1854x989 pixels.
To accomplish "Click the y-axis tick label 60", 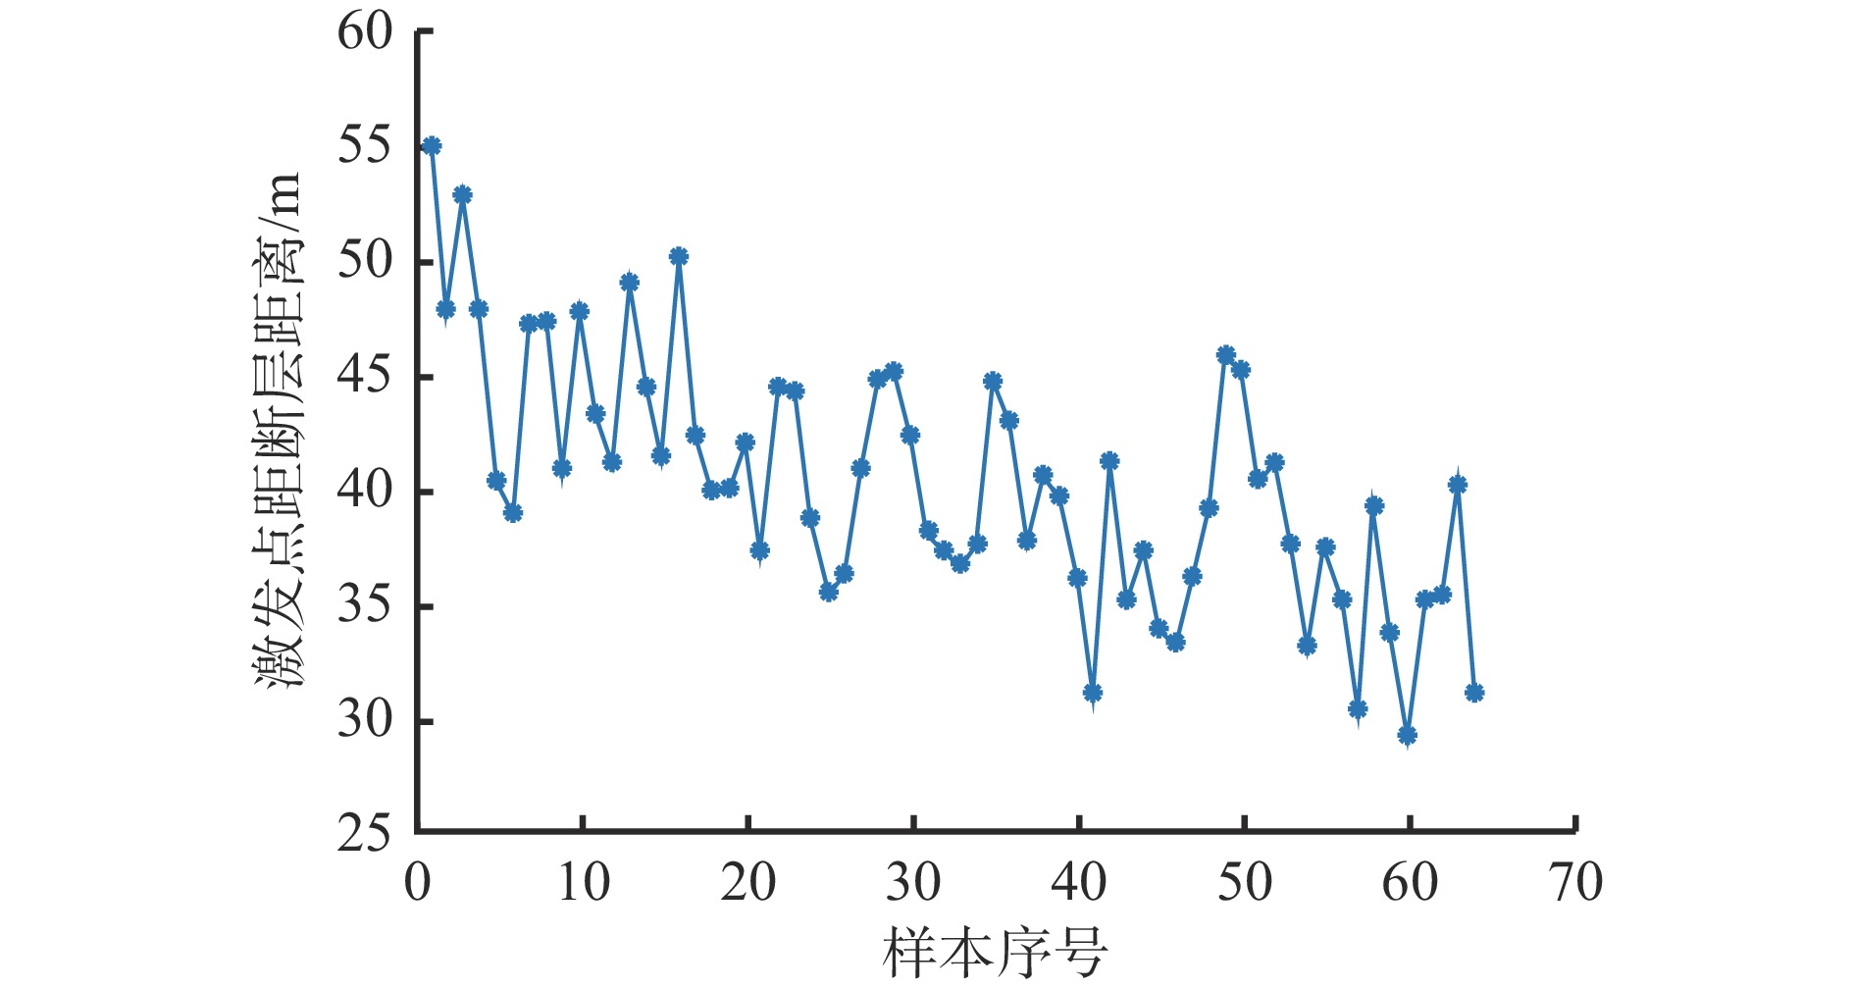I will [364, 32].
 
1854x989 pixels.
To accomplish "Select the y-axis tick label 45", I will [364, 377].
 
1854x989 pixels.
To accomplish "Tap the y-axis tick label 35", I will [364, 606].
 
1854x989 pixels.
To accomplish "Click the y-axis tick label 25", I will [364, 835].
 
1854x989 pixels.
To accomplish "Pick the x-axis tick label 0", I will [418, 883].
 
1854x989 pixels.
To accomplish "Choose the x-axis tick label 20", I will [748, 883].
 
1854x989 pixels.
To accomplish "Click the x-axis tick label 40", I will [1079, 883].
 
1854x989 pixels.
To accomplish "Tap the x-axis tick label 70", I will [1575, 883].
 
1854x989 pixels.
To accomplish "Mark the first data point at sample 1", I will [432, 146].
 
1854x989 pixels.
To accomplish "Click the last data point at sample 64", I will [1474, 693].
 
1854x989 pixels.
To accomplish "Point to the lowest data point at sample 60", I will [1408, 735].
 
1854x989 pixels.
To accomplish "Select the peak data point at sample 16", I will [679, 257].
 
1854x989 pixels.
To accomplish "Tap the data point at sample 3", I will [463, 195].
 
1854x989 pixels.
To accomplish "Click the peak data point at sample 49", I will [1226, 355].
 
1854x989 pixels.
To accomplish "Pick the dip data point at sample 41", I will [1093, 693].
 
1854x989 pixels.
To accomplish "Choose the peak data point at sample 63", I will [1458, 485].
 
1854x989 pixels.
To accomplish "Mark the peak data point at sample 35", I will [994, 382].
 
